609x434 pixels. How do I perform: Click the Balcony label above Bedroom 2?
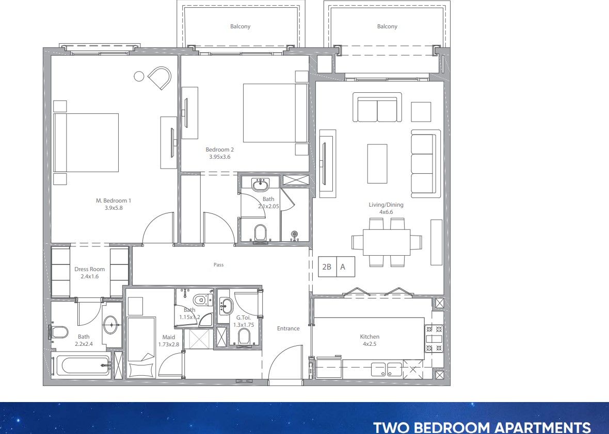pyautogui.click(x=240, y=26)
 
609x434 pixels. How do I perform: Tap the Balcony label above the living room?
pyautogui.click(x=387, y=26)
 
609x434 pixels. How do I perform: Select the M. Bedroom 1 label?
pyautogui.click(x=114, y=201)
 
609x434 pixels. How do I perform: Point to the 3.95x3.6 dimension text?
pyautogui.click(x=220, y=157)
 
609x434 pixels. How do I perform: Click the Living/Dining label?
pyautogui.click(x=386, y=205)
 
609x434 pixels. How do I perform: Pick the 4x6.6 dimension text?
pyautogui.click(x=386, y=212)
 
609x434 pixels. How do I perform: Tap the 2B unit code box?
pyautogui.click(x=327, y=267)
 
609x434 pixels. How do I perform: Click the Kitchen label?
pyautogui.click(x=370, y=337)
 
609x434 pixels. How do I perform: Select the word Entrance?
pyautogui.click(x=288, y=328)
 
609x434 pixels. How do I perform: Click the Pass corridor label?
pyautogui.click(x=219, y=264)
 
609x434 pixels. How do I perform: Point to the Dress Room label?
pyautogui.click(x=90, y=269)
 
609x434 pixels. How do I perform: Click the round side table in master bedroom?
pyautogui.click(x=139, y=76)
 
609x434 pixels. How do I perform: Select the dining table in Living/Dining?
pyautogui.click(x=387, y=242)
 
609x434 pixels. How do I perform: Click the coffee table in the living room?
pyautogui.click(x=377, y=164)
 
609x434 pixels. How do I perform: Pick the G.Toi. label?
pyautogui.click(x=244, y=318)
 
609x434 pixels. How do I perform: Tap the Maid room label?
pyautogui.click(x=169, y=337)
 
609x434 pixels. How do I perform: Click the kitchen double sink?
pyautogui.click(x=387, y=369)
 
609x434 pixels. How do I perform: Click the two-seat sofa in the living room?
pyautogui.click(x=377, y=107)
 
